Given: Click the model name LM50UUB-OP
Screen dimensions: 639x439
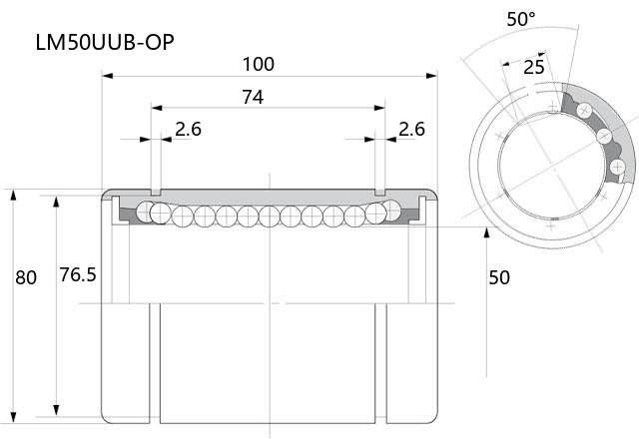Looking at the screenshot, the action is pyautogui.click(x=105, y=42).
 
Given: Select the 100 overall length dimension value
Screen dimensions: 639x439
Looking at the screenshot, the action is pyautogui.click(x=259, y=64).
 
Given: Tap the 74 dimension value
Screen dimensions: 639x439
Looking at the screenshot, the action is pyautogui.click(x=253, y=98).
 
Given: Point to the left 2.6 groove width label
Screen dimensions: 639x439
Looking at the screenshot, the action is pyautogui.click(x=189, y=129).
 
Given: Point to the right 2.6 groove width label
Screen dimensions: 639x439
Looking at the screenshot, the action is pyautogui.click(x=411, y=129).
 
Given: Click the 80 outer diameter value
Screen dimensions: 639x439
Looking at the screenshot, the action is pyautogui.click(x=26, y=277).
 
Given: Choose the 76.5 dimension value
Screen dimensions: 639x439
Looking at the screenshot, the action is pyautogui.click(x=78, y=275).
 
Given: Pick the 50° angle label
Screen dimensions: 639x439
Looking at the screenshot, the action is pyautogui.click(x=521, y=19).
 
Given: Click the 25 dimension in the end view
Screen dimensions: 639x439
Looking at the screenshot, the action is pyautogui.click(x=534, y=67).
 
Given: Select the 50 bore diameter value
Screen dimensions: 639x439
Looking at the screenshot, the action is pyautogui.click(x=499, y=277).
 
